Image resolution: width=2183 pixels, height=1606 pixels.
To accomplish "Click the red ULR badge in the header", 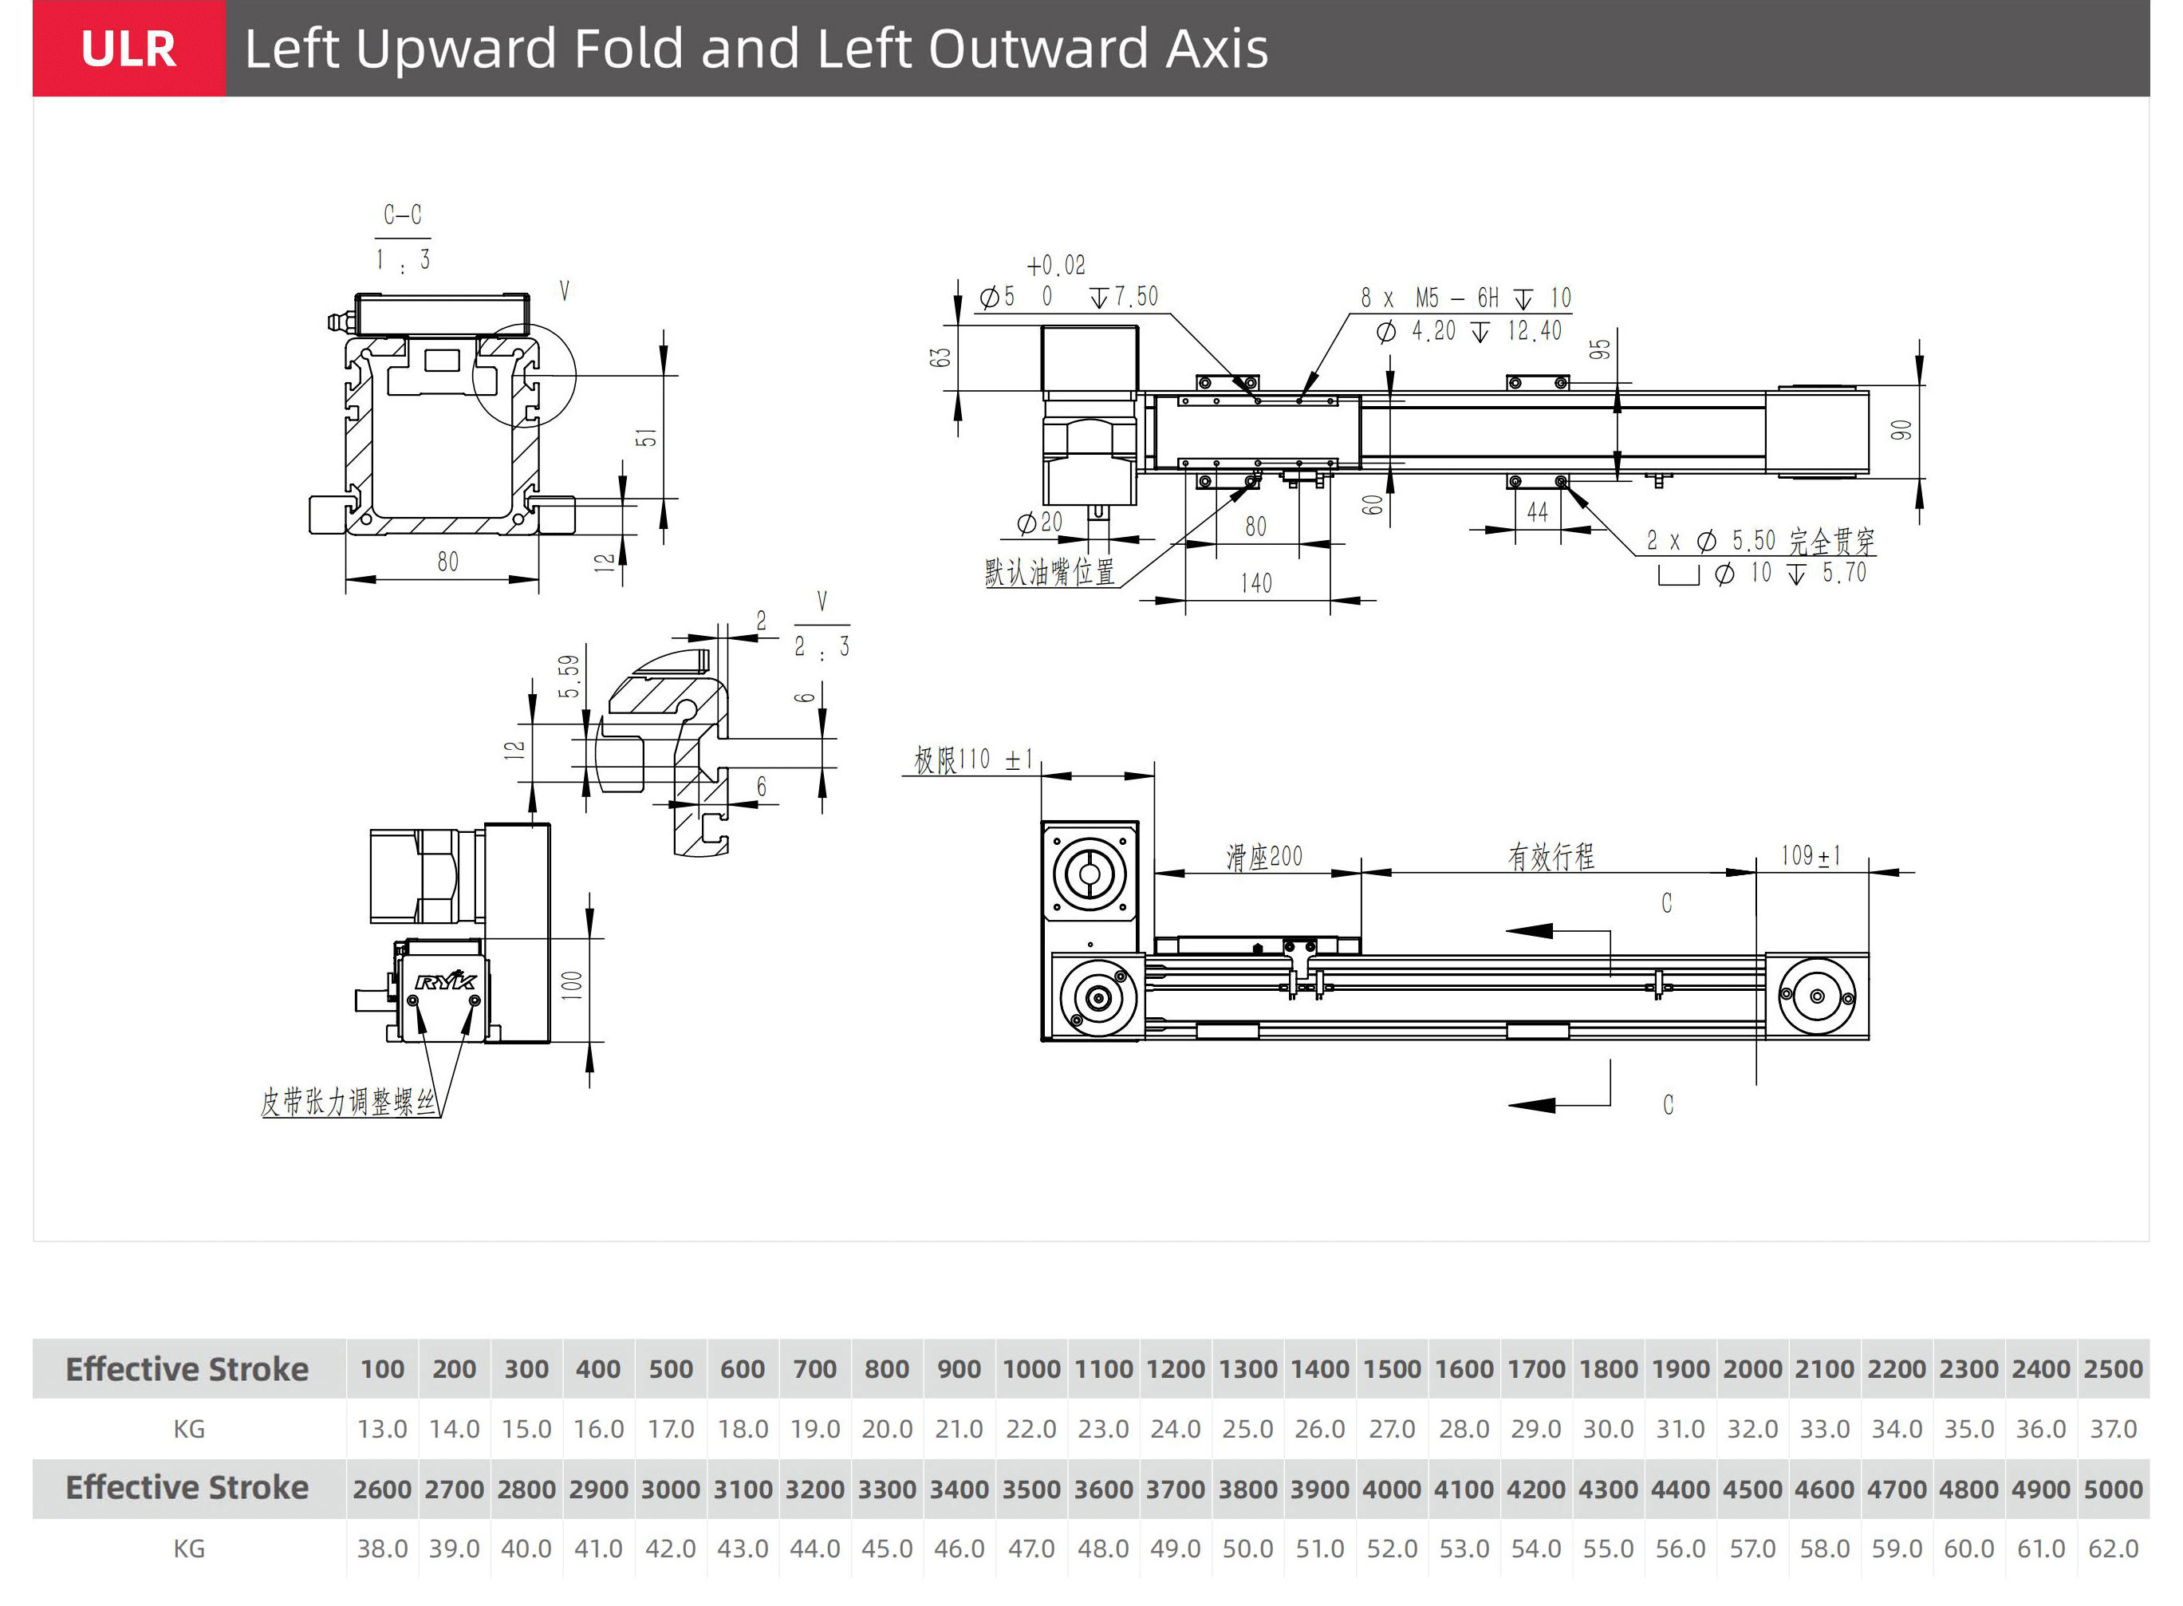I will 128,49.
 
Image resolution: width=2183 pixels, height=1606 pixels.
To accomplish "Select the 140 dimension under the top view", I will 1255,582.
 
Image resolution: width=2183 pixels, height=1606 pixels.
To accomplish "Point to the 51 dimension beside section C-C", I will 646,437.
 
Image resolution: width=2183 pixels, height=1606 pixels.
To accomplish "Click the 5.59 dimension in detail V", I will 569,676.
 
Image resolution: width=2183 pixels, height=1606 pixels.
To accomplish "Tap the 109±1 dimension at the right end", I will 1810,855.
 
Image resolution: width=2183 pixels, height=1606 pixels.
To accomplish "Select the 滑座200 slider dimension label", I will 1263,857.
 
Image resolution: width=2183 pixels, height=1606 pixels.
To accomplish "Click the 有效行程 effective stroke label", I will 1551,857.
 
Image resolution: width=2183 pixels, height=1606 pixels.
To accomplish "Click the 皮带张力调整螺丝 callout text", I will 348,1102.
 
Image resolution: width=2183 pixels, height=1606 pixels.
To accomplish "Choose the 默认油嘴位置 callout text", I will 1049,571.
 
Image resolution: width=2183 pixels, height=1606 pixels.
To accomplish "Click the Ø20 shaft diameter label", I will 1039,523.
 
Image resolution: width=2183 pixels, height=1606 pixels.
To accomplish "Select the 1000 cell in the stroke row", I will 1031,1369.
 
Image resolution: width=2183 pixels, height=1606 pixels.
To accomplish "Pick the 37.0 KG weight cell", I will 2113,1429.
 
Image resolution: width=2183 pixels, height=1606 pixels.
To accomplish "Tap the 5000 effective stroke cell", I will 2113,1490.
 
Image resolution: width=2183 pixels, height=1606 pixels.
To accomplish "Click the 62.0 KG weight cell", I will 2113,1549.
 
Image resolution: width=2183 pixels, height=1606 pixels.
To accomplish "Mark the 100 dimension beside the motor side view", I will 573,985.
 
